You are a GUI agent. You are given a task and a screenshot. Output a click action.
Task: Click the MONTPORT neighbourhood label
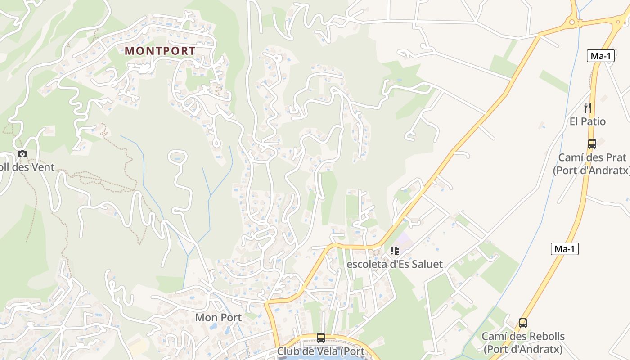click(160, 51)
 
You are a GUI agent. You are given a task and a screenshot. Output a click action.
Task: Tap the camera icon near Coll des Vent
click(22, 154)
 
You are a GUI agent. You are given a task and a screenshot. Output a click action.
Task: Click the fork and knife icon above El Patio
click(587, 108)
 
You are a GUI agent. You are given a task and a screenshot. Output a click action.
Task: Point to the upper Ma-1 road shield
click(600, 56)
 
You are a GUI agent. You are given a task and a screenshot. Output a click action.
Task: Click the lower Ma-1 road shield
click(564, 249)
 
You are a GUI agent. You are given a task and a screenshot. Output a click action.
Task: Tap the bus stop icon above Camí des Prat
click(592, 144)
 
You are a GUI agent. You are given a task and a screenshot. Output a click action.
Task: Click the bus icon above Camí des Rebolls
click(522, 323)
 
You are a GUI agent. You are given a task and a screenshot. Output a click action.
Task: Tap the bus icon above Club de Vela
click(320, 337)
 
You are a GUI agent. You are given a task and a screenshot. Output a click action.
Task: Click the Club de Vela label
click(320, 351)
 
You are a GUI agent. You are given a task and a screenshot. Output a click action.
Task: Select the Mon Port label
click(218, 317)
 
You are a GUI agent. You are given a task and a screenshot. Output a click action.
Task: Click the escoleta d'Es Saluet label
click(395, 264)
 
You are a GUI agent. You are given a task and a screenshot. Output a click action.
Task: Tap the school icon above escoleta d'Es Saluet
click(395, 251)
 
